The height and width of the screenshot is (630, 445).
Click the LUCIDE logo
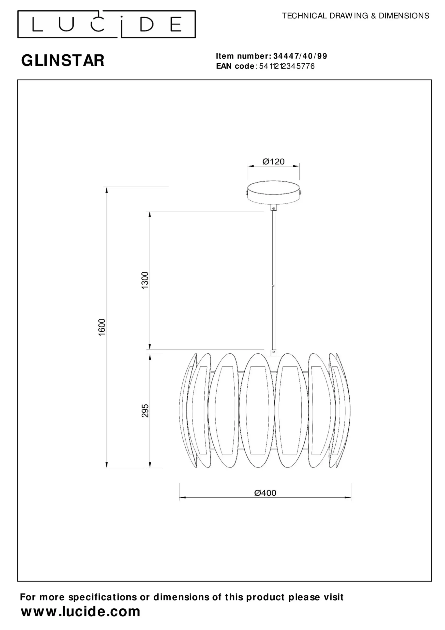coord(106,24)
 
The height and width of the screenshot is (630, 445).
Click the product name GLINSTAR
coord(63,60)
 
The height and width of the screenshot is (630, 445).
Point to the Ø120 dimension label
coord(273,162)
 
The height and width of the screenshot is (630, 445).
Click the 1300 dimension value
coord(145,280)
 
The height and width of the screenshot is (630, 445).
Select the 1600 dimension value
coord(102,327)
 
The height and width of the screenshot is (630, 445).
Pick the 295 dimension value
coord(145,410)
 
